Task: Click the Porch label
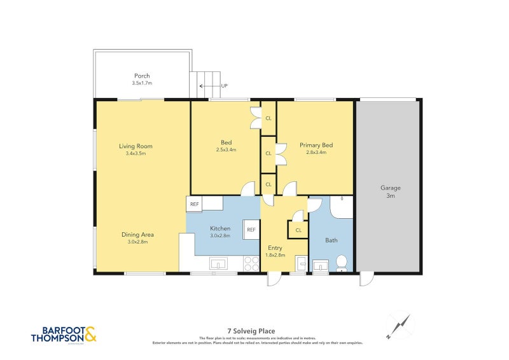click(x=142, y=76)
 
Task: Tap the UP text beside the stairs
click(x=224, y=86)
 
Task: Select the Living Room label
click(x=136, y=146)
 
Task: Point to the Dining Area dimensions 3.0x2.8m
click(x=138, y=242)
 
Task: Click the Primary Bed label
click(x=316, y=145)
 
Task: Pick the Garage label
click(x=390, y=188)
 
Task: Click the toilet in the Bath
click(x=342, y=262)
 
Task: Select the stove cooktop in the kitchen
click(x=251, y=263)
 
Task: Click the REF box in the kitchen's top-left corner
click(x=193, y=204)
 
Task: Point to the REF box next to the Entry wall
click(x=251, y=230)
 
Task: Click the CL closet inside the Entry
click(x=298, y=230)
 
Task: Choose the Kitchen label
click(x=220, y=228)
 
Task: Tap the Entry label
click(x=275, y=247)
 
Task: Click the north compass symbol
click(x=398, y=326)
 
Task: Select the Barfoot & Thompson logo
click(x=64, y=335)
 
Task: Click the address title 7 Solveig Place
click(x=254, y=331)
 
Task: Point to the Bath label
click(x=331, y=240)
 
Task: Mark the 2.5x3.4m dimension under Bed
click(x=226, y=150)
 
